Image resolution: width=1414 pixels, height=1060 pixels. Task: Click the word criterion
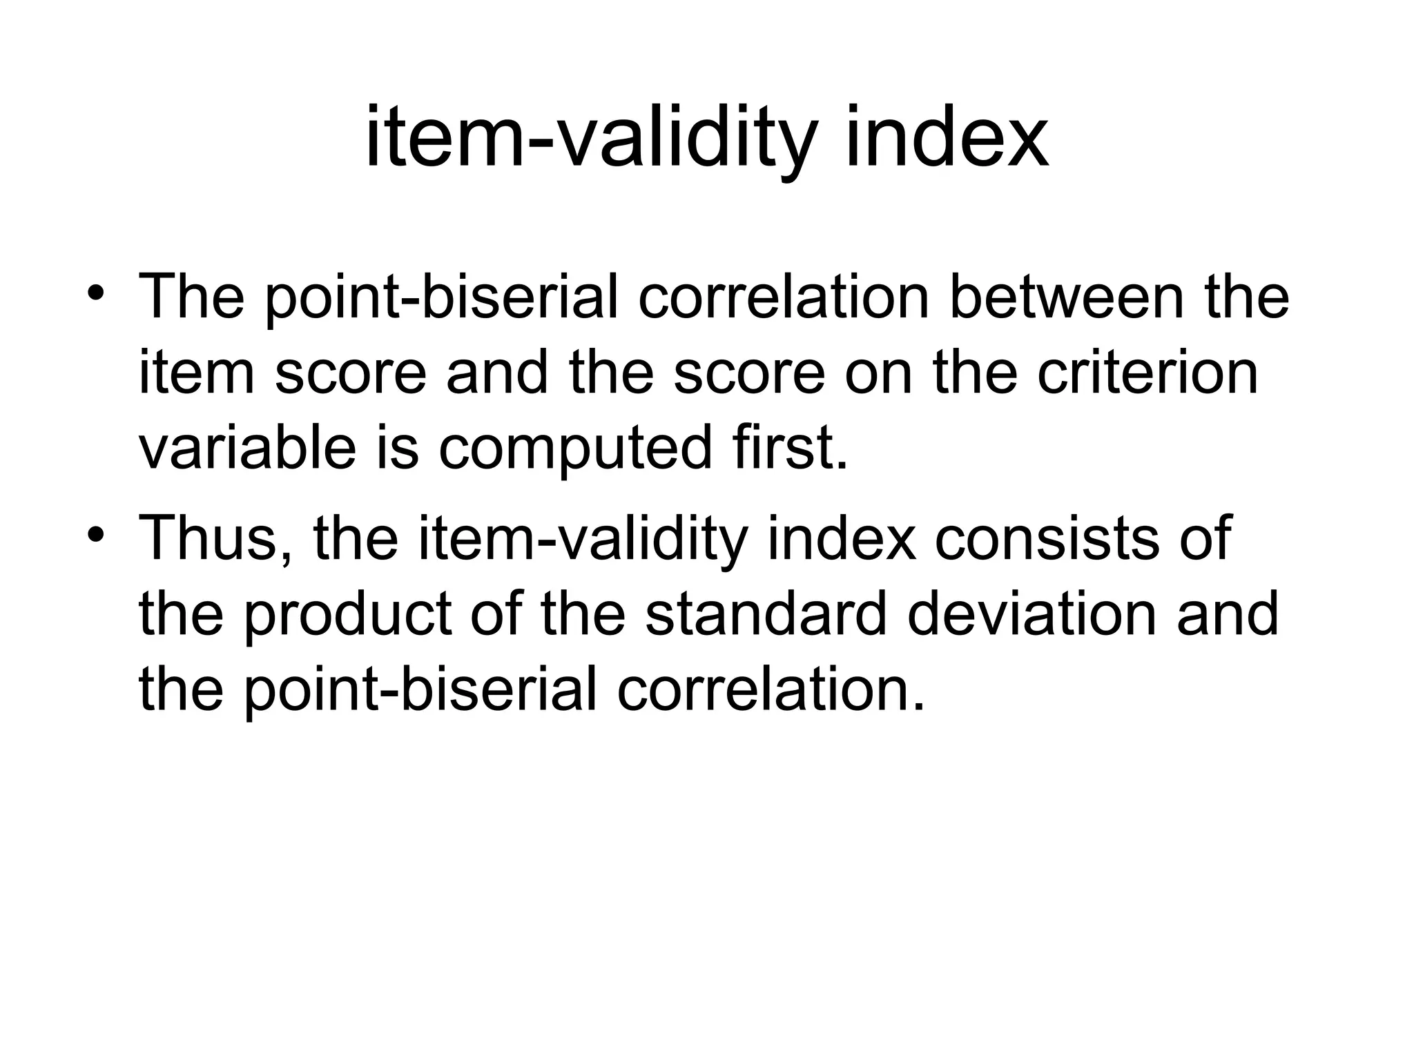pyautogui.click(x=1147, y=373)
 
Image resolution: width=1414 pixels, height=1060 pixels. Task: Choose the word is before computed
pyautogui.click(x=397, y=448)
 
